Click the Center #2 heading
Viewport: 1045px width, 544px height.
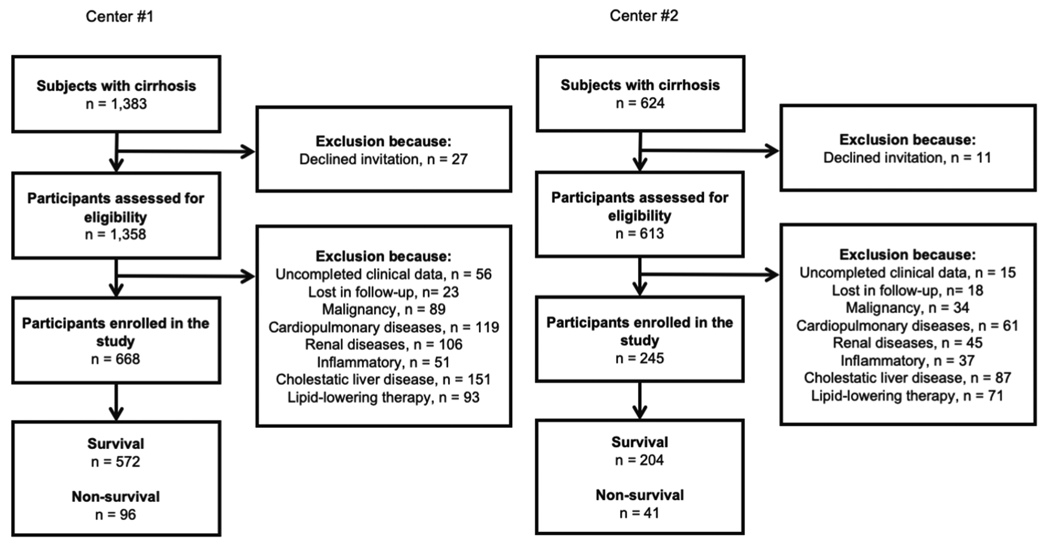[644, 15]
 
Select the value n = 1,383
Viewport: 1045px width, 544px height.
[116, 104]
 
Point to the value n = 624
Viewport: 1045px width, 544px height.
[640, 103]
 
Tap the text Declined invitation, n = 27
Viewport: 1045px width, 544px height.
[384, 159]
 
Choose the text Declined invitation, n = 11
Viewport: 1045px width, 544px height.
[907, 158]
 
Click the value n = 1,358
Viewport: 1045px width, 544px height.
[116, 234]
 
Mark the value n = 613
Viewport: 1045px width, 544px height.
[640, 233]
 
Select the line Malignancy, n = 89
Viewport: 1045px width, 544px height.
[384, 309]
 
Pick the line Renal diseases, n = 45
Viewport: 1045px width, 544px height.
[907, 343]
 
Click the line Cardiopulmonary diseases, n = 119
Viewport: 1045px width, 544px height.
[384, 327]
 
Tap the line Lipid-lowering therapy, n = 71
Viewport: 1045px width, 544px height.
[907, 395]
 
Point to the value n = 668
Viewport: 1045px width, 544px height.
[116, 359]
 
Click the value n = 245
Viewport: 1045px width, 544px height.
[640, 358]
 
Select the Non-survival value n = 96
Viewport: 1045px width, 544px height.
[116, 515]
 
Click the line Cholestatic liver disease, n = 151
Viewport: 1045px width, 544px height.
[384, 379]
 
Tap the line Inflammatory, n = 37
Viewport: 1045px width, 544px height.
[907, 361]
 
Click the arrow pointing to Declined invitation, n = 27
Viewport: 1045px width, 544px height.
[186, 152]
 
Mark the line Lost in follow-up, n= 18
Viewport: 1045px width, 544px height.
[907, 290]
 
